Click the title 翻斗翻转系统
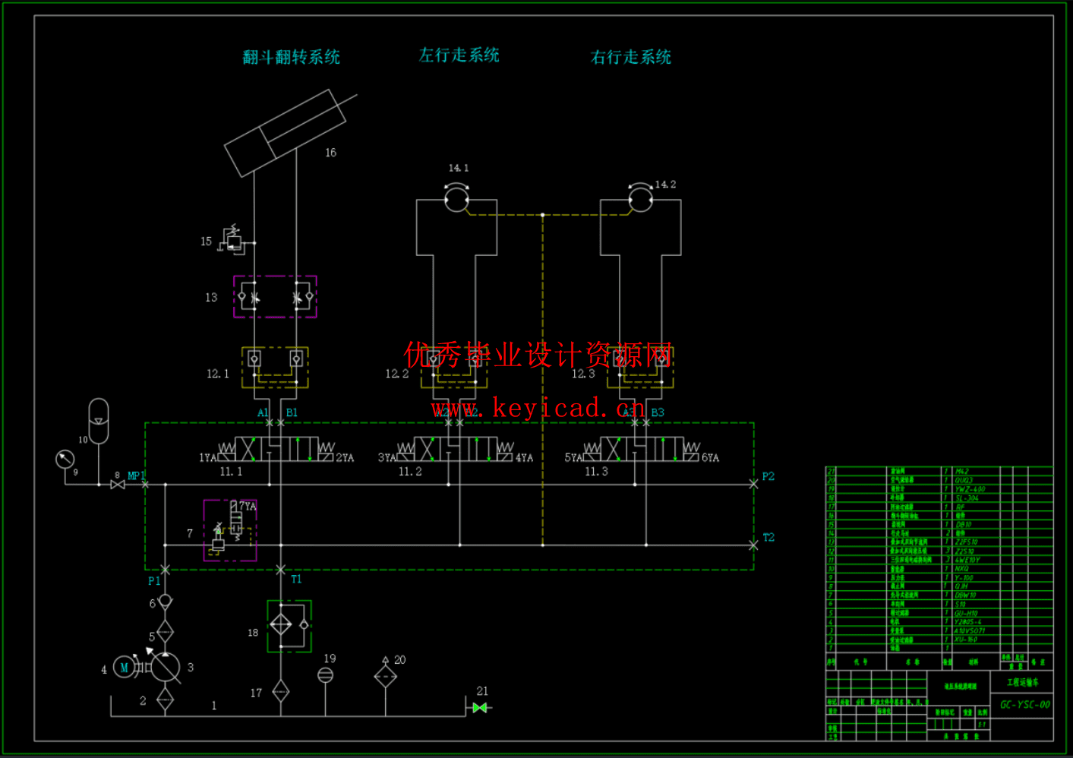tap(291, 57)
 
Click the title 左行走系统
tap(459, 55)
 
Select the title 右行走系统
tap(630, 57)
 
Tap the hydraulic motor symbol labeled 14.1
tap(456, 200)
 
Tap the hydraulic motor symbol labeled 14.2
tap(640, 200)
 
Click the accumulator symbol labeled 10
tap(99, 420)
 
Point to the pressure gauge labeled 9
tap(65, 459)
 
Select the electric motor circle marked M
tap(124, 668)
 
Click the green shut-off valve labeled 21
tap(479, 707)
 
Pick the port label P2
tap(768, 476)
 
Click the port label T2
tap(768, 537)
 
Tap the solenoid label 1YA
tap(207, 458)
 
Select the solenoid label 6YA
tap(710, 458)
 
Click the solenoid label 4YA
tap(524, 458)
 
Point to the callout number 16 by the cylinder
tap(330, 153)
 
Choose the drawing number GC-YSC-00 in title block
tap(1024, 704)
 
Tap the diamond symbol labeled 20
tap(385, 675)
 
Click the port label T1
tap(296, 579)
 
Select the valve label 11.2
tap(410, 472)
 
